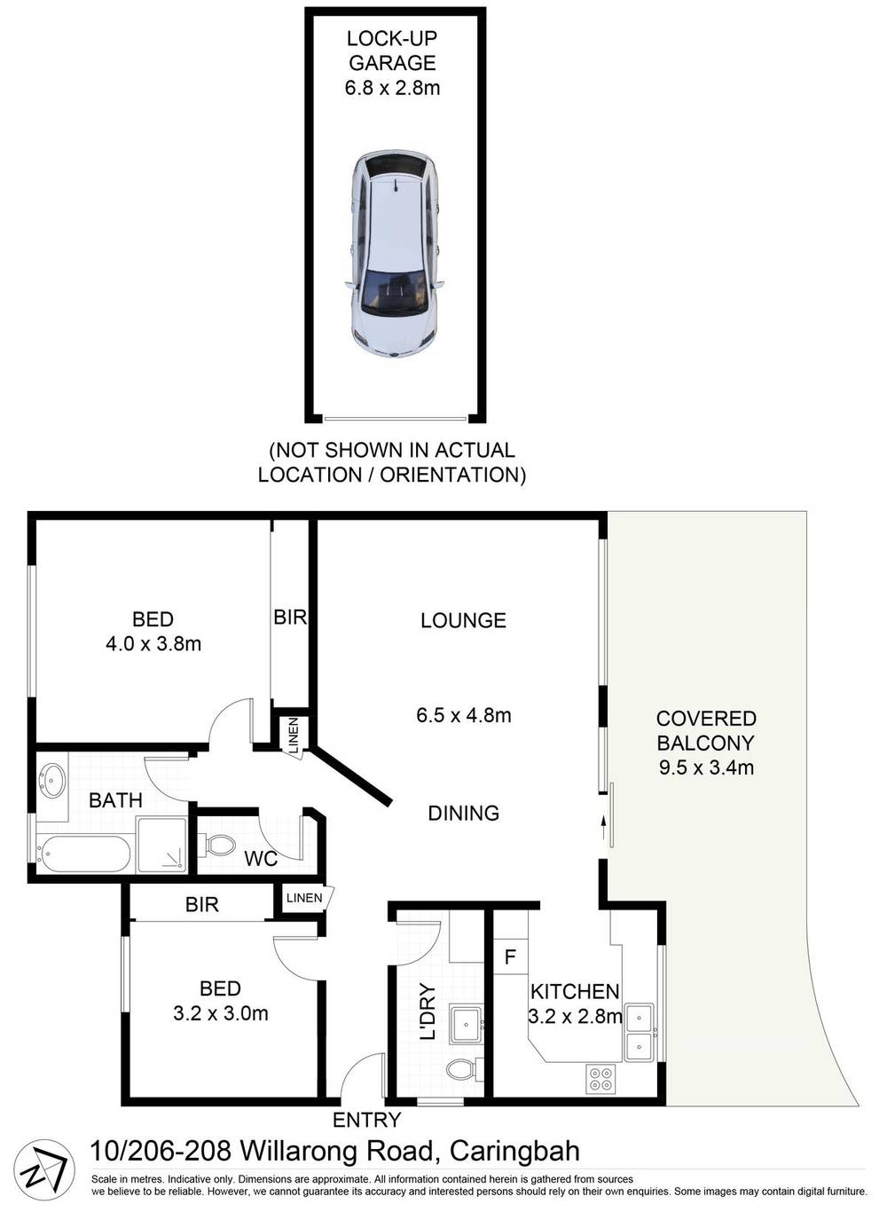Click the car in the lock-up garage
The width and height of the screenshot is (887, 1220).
394,254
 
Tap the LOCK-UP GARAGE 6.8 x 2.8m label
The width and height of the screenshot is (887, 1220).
392,63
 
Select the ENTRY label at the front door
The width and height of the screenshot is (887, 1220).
366,1120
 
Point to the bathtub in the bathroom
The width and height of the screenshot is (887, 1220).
83,854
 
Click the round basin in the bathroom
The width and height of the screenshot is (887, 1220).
51,781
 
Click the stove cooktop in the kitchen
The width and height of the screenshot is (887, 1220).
600,1077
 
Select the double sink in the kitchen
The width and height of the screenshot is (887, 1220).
639,1032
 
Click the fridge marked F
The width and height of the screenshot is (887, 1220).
510,957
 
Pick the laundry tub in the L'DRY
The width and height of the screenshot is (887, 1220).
465,1024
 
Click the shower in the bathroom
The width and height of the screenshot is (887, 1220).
161,844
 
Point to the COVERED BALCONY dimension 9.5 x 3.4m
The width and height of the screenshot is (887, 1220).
706,767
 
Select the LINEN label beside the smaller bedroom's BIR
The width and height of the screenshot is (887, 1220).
304,898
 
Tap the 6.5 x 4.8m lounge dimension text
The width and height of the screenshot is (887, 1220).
463,714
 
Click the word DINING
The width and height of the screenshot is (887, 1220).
463,813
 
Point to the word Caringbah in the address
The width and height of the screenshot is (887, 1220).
514,1152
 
